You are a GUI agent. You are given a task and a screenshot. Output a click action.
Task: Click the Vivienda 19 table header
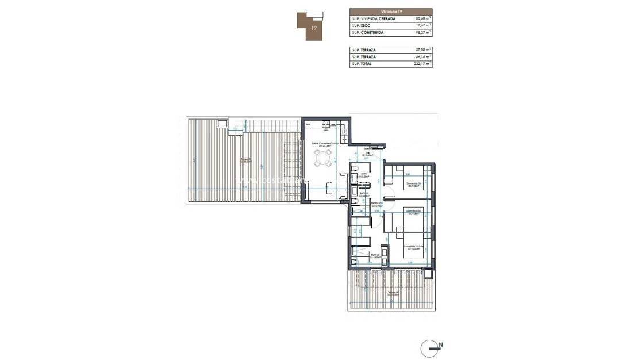390,12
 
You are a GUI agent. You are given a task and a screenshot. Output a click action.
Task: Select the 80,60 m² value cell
423,19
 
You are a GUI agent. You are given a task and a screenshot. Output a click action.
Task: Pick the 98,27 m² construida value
423,33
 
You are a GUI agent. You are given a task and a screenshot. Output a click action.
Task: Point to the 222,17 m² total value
422,64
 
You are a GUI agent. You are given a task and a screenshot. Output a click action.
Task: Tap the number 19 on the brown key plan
314,27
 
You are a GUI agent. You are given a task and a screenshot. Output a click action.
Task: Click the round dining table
322,158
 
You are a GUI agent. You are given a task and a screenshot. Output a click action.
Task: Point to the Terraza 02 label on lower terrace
393,293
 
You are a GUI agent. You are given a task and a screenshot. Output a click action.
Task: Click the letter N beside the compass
441,346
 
